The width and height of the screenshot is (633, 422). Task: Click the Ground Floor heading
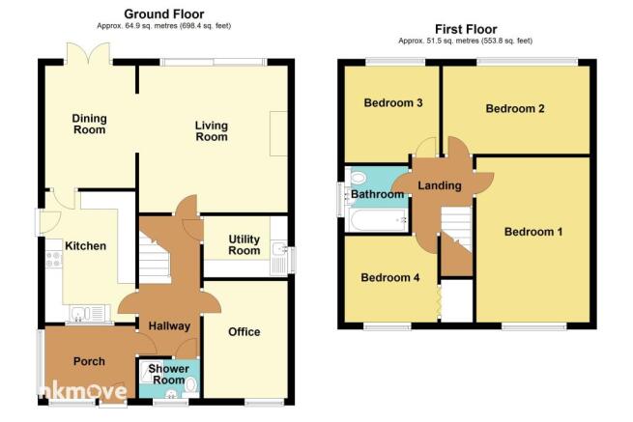164,14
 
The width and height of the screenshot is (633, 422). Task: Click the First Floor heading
466,29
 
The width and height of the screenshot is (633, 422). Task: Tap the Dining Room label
89,124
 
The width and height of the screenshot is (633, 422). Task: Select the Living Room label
212,131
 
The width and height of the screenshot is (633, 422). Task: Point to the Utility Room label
245,245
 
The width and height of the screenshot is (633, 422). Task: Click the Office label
245,332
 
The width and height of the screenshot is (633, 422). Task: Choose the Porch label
89,361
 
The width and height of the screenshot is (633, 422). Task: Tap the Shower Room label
169,375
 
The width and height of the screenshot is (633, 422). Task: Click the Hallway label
169,326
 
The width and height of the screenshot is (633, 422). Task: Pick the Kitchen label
86,246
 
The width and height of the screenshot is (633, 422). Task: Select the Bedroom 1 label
533,232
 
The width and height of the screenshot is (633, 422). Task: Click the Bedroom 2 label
515,108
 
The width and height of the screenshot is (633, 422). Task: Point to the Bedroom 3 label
393,103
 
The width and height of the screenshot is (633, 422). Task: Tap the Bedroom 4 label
390,277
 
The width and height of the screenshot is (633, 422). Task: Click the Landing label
440,185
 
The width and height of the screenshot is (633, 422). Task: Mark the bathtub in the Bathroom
378,221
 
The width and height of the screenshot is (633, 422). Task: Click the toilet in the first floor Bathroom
357,178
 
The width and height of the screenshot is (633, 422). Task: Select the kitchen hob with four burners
53,259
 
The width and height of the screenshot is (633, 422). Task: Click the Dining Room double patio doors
89,53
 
